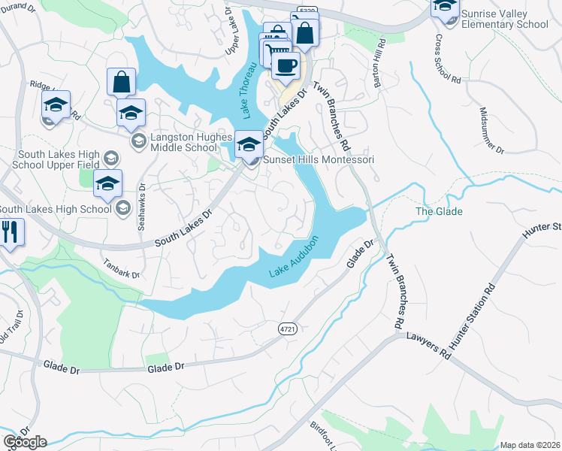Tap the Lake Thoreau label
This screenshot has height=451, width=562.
tap(254, 89)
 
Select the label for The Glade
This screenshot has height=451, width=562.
tap(439, 212)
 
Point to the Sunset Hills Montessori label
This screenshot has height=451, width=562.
tap(318, 160)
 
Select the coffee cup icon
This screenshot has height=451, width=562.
tap(285, 65)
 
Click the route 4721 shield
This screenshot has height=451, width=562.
tap(286, 328)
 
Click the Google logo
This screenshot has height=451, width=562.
tap(25, 442)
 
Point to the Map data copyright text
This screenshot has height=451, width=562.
tap(530, 445)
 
